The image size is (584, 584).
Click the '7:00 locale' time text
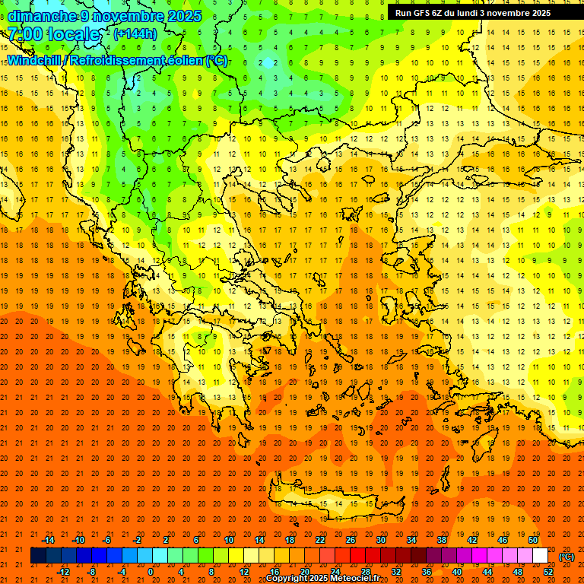(x=53, y=34)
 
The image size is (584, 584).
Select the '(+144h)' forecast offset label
(x=135, y=33)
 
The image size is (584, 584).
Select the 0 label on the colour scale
(x=151, y=572)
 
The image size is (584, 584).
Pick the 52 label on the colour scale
(x=548, y=572)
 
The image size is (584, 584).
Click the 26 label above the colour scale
(x=351, y=540)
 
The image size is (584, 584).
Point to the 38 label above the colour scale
(x=442, y=540)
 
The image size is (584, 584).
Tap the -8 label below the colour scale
(x=91, y=572)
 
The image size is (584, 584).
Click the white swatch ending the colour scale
(x=541, y=556)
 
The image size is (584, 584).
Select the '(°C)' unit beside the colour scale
(x=567, y=557)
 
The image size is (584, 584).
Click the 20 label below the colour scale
(x=304, y=572)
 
